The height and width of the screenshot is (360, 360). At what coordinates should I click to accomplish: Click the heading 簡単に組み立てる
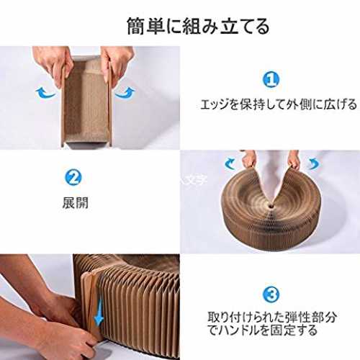coord(198,26)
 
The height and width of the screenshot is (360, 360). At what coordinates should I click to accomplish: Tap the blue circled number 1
coord(271,80)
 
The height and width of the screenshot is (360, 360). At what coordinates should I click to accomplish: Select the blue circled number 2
coord(73,177)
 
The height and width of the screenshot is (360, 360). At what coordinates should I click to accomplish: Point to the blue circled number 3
coord(271,294)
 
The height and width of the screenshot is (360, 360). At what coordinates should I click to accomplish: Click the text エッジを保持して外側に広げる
coord(279,104)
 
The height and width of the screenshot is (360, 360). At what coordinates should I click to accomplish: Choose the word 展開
coord(76,203)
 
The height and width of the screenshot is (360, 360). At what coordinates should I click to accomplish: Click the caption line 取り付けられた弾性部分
coord(272,318)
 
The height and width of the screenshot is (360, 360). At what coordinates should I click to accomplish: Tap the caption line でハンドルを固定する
coord(263,330)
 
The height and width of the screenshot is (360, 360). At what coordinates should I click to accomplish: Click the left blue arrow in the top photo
coord(45,93)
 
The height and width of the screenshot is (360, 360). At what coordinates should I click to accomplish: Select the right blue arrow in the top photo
coord(125,93)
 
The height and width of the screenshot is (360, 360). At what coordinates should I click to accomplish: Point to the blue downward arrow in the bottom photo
coord(99,312)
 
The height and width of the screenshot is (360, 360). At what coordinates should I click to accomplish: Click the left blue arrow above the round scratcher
coord(230,164)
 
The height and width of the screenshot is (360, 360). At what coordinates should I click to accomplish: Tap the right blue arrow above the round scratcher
coord(313,164)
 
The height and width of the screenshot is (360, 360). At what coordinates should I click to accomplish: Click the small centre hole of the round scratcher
coord(271,206)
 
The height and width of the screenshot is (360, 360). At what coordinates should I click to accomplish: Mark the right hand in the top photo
coord(117,63)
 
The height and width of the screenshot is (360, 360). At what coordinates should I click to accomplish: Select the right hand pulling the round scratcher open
coord(293,159)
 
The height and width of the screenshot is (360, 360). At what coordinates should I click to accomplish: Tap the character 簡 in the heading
coord(135,26)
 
